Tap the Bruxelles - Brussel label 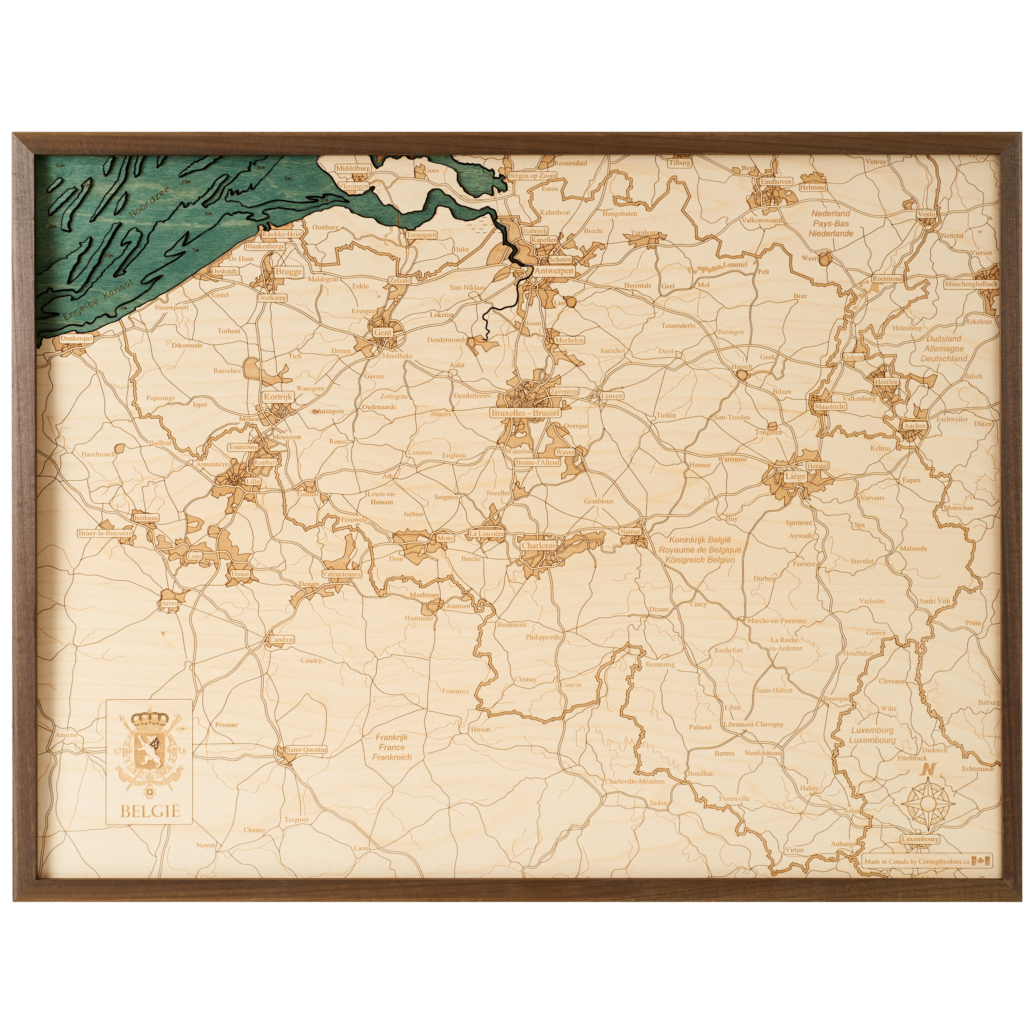pos(525,413)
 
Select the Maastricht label pos(830,407)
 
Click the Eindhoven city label pos(776,182)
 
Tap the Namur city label pos(630,532)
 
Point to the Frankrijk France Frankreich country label pos(392,747)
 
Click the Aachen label pos(915,426)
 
